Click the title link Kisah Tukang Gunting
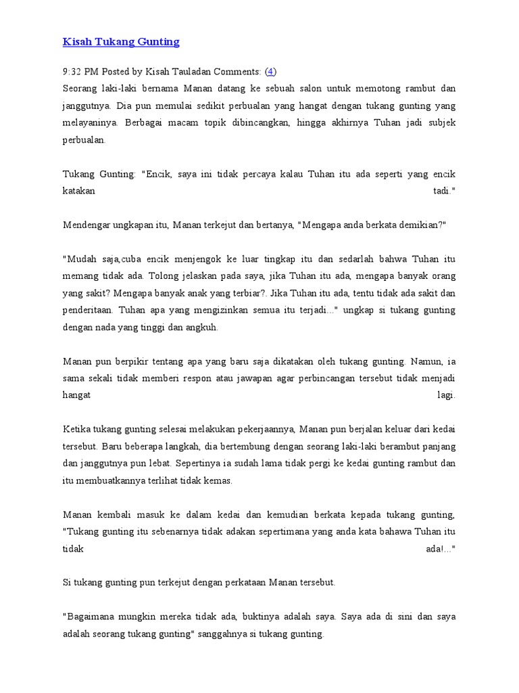(121, 42)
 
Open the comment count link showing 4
(271, 71)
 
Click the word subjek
(441, 124)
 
